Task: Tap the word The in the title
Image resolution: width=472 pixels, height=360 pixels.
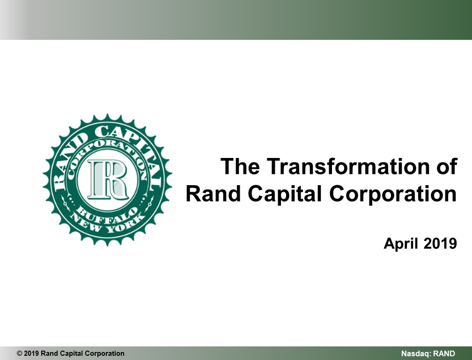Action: pos(240,166)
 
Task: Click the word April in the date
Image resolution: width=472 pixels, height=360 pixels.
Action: pos(401,244)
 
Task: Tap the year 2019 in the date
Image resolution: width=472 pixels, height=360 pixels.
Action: pos(440,243)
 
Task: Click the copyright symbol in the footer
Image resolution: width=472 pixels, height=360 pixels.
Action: pos(19,353)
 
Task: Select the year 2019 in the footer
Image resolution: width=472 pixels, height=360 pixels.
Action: pos(31,353)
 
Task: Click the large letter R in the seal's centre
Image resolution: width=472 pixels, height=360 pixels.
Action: pos(108,180)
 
